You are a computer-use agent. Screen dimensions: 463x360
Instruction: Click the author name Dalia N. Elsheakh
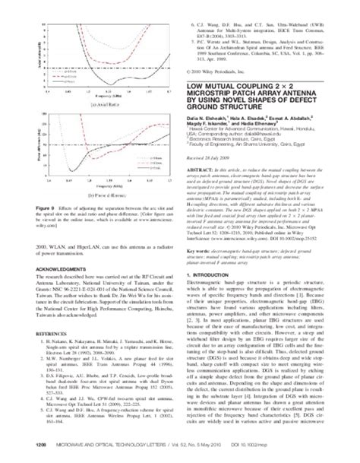[216, 147]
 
